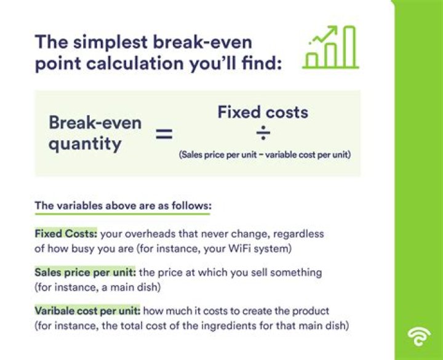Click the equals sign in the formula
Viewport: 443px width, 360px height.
pos(164,133)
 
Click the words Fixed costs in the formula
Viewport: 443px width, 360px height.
pos(263,112)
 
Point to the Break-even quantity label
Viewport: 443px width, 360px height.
pos(95,133)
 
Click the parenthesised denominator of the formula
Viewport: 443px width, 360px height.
pos(265,155)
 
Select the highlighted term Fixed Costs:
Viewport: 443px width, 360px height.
pos(66,234)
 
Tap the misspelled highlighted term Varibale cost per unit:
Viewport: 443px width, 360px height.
pos(88,311)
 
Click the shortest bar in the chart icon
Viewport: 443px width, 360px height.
pos(313,60)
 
